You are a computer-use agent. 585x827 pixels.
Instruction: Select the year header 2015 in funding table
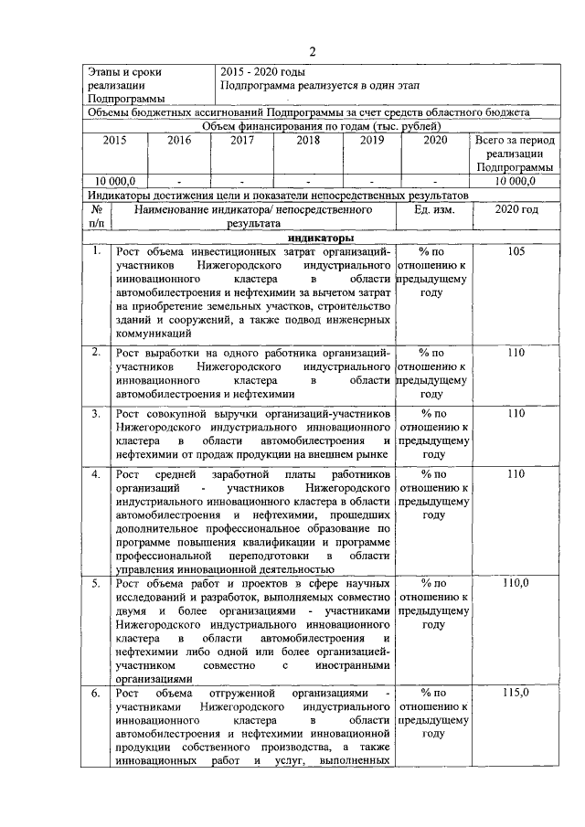115,141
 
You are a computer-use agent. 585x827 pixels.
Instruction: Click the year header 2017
242,141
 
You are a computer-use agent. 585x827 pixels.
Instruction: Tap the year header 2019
371,141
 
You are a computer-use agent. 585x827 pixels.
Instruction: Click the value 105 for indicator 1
516,251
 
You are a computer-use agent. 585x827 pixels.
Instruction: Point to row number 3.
95,414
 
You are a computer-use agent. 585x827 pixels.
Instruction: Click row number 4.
95,474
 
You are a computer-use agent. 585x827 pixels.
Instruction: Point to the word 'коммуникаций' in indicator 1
153,334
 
